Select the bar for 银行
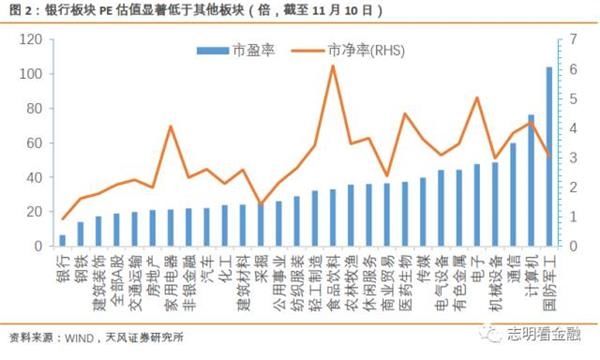pos(62,241)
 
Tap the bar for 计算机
pos(531,181)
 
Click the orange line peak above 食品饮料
pos(332,66)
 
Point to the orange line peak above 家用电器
pos(171,126)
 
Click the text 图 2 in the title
pos(18,10)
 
